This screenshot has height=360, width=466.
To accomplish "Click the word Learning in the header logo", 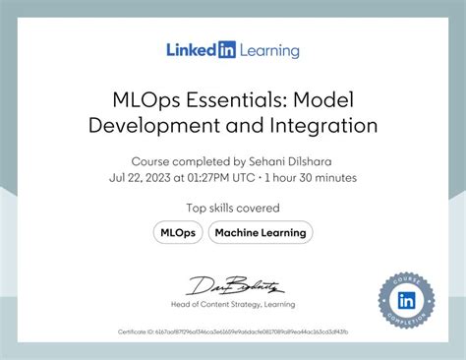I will pyautogui.click(x=267, y=50).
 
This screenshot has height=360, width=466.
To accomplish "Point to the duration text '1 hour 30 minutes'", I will pyautogui.click(x=310, y=178).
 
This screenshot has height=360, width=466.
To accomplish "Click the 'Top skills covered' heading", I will pyautogui.click(x=233, y=208).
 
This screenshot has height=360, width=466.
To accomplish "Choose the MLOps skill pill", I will pyautogui.click(x=177, y=232).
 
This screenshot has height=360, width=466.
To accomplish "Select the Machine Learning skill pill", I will pyautogui.click(x=261, y=232).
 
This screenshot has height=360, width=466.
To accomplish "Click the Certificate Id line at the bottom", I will pyautogui.click(x=233, y=333).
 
